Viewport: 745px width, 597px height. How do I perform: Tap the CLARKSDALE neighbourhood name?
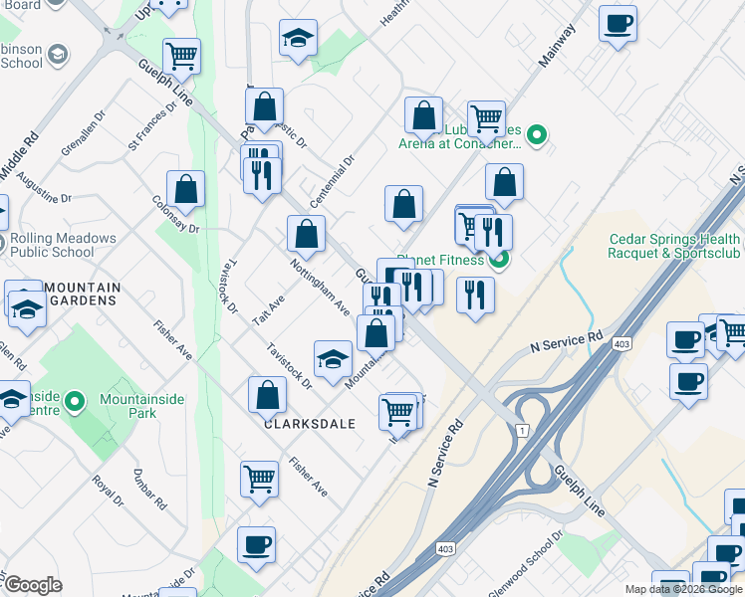310,423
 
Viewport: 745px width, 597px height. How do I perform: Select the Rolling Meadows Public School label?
63,246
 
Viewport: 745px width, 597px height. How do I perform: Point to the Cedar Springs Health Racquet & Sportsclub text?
674,246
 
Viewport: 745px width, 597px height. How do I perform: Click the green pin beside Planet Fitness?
499,261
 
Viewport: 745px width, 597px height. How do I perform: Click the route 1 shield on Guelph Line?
520,429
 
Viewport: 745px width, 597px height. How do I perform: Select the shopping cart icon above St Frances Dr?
181,56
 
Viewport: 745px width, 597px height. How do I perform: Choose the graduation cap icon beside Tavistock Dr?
333,357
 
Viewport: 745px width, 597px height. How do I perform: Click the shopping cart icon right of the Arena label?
486,117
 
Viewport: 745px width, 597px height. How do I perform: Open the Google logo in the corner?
33,585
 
